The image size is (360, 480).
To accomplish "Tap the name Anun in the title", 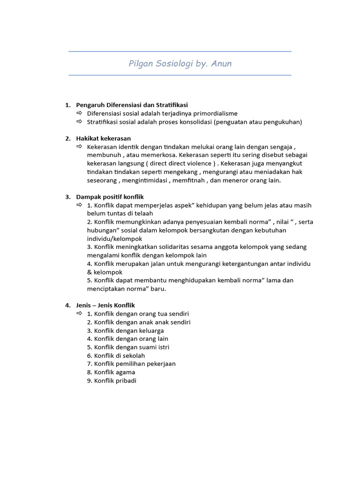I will [221, 64].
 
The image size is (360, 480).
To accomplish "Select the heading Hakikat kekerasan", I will [103, 138].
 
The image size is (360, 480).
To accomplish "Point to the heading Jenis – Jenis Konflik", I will [105, 305].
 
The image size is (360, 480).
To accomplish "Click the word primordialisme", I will [214, 113].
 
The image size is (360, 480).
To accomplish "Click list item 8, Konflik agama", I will [111, 372].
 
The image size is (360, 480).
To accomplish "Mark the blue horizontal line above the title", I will [180, 52].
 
